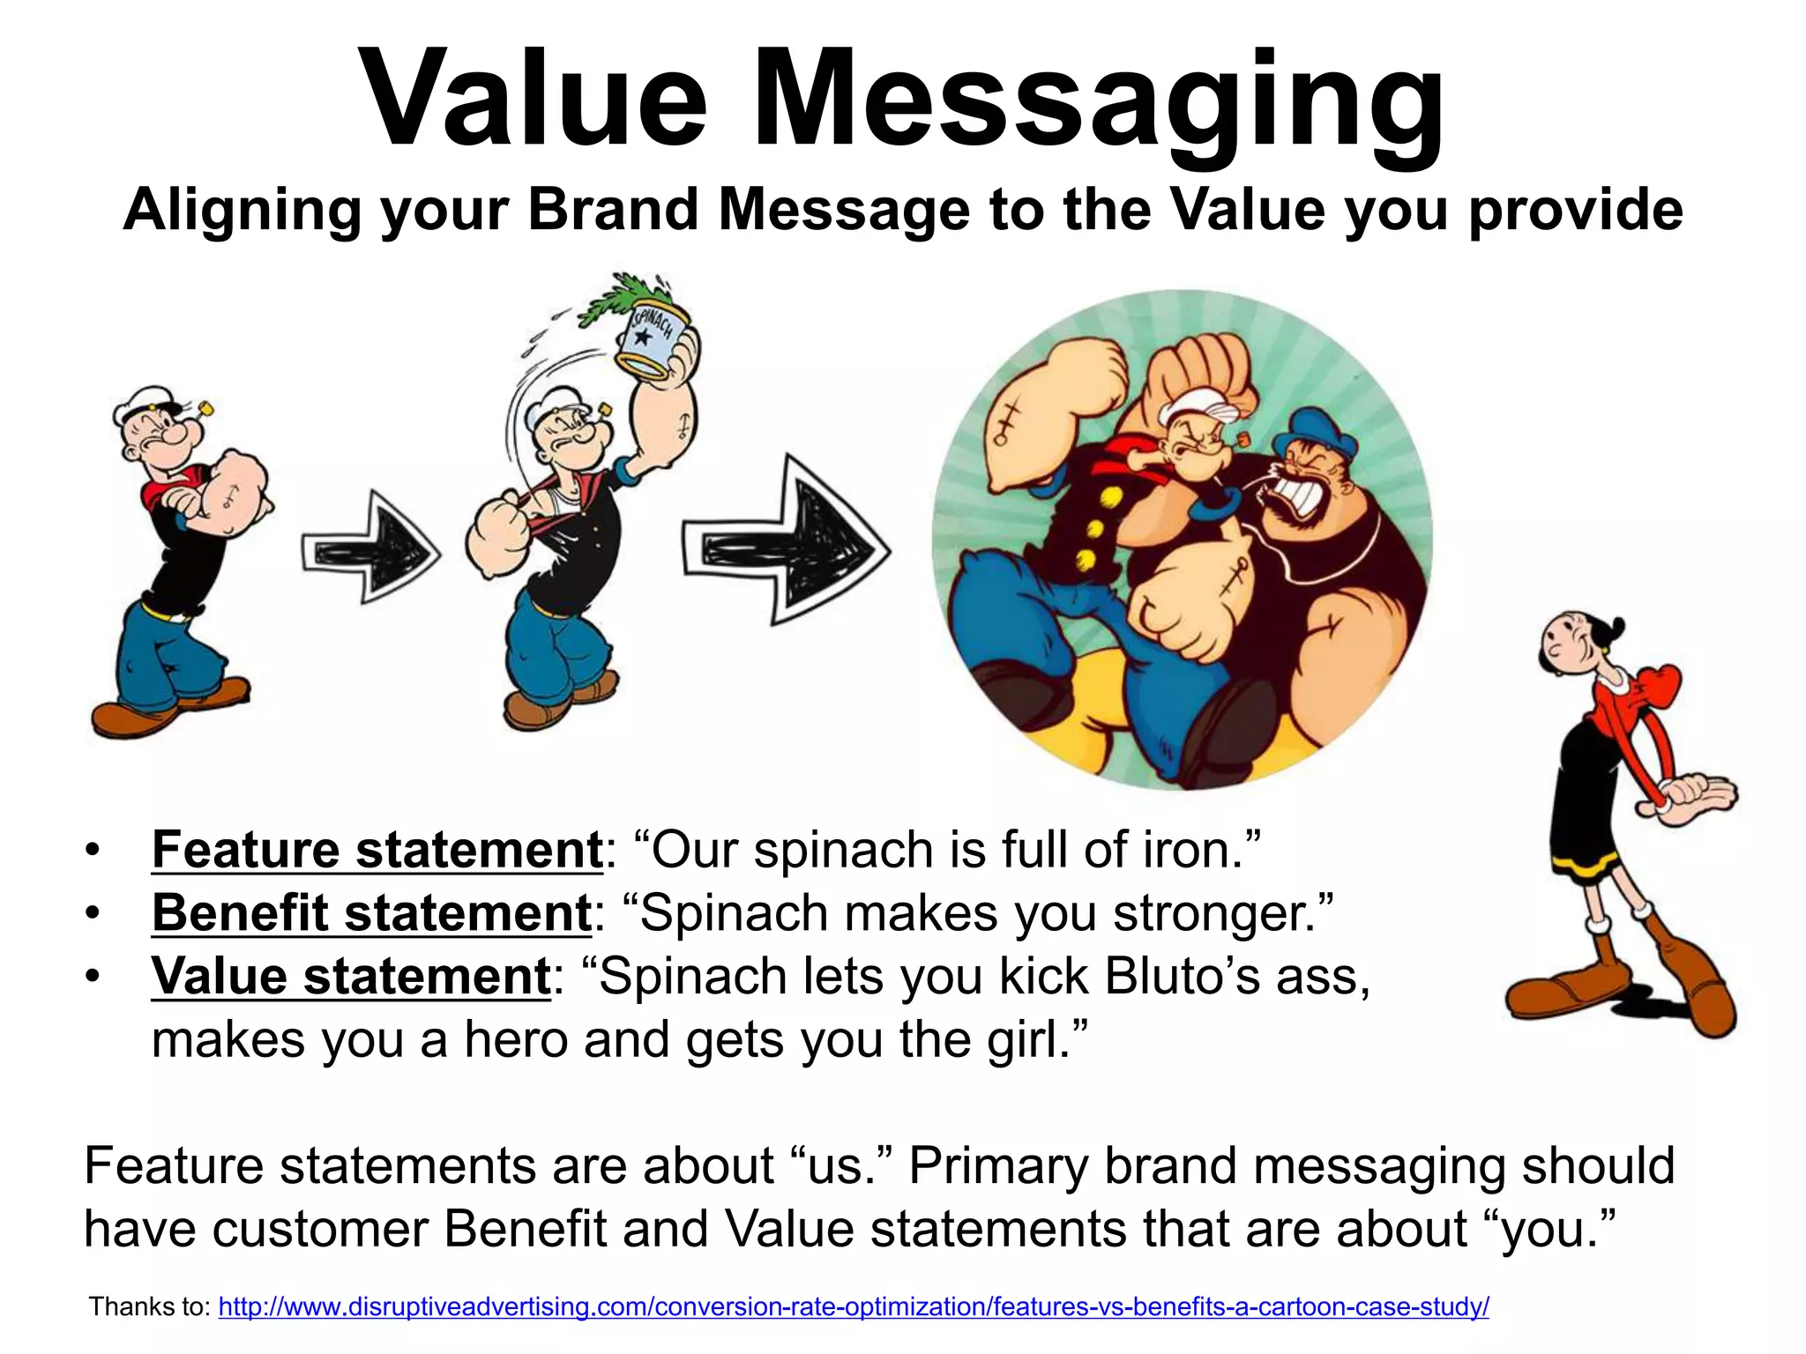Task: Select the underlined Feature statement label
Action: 377,850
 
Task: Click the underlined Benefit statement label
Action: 370,912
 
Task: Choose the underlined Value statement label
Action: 351,977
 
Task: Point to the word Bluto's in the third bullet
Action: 1182,977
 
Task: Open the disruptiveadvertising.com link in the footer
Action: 853,1306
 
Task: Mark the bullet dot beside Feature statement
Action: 93,852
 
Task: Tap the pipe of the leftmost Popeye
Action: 205,409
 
